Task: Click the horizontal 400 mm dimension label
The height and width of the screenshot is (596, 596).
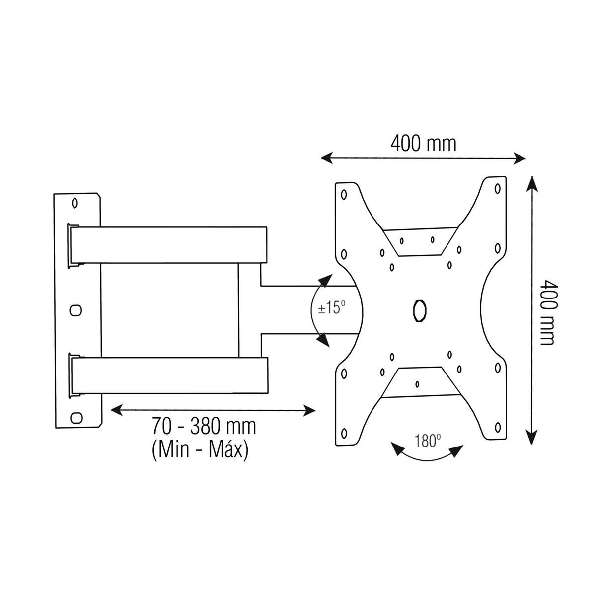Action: (423, 144)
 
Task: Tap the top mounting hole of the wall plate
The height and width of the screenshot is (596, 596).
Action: (74, 203)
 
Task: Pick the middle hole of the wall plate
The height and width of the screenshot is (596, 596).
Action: (74, 309)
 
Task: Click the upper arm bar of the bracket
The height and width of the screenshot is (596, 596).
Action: (169, 245)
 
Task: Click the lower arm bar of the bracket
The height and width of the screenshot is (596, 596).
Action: (169, 374)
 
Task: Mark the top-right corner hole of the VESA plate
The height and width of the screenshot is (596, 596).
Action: (497, 189)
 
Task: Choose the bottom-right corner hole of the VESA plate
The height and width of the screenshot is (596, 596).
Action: (497, 426)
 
